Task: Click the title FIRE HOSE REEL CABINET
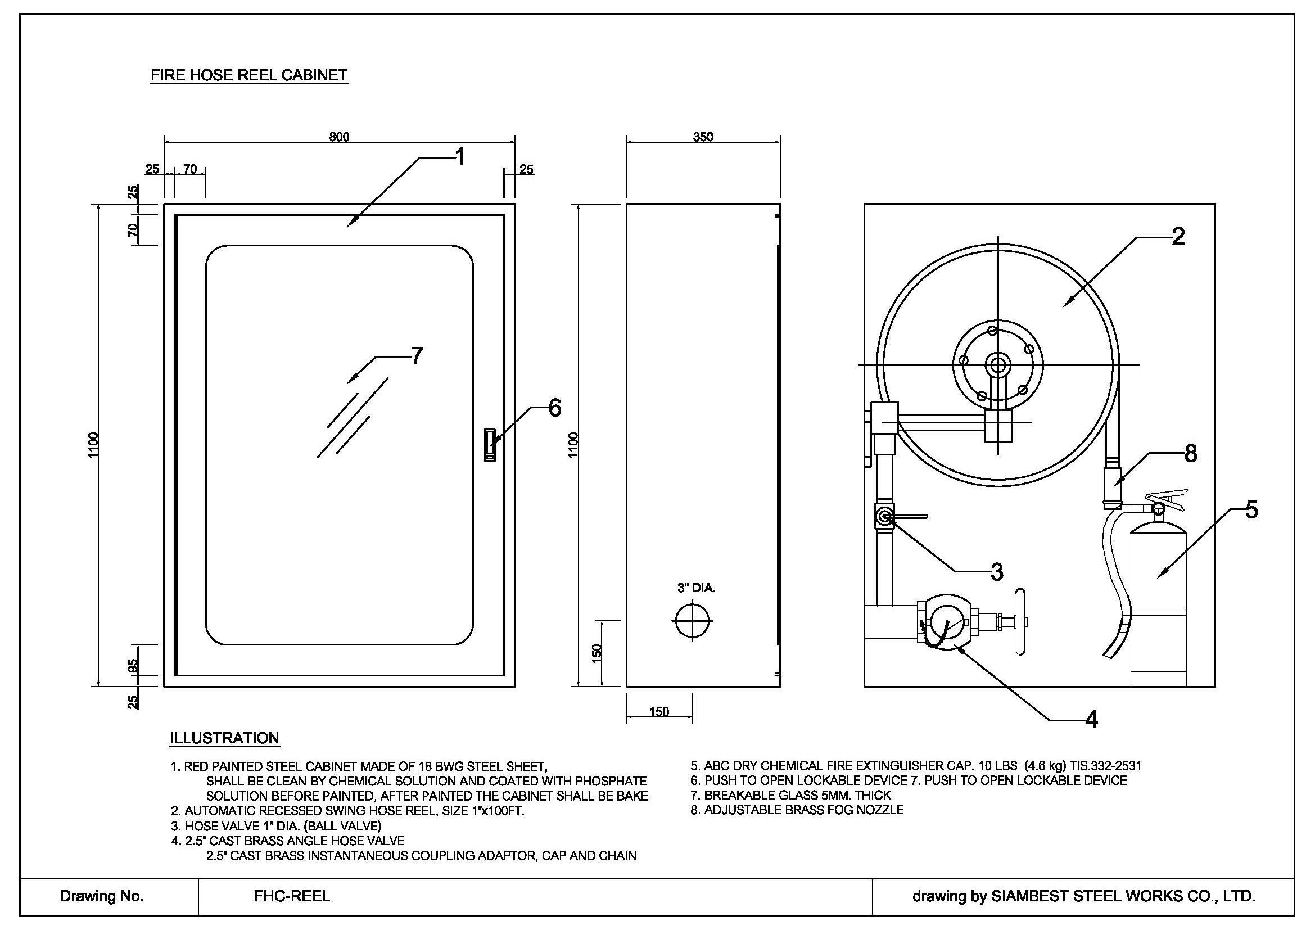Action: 248,75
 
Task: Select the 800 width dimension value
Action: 338,137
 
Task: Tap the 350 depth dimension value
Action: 703,137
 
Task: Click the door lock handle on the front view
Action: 490,445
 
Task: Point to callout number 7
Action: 417,356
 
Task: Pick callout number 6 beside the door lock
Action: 554,408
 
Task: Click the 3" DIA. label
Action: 697,588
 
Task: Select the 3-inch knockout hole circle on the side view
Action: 693,621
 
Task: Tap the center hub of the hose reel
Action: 998,365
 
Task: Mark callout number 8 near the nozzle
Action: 1191,454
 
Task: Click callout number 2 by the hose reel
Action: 1178,237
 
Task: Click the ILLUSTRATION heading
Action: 224,738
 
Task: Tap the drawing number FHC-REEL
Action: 292,896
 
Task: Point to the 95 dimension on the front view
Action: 133,665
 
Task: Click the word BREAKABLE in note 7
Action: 740,795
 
